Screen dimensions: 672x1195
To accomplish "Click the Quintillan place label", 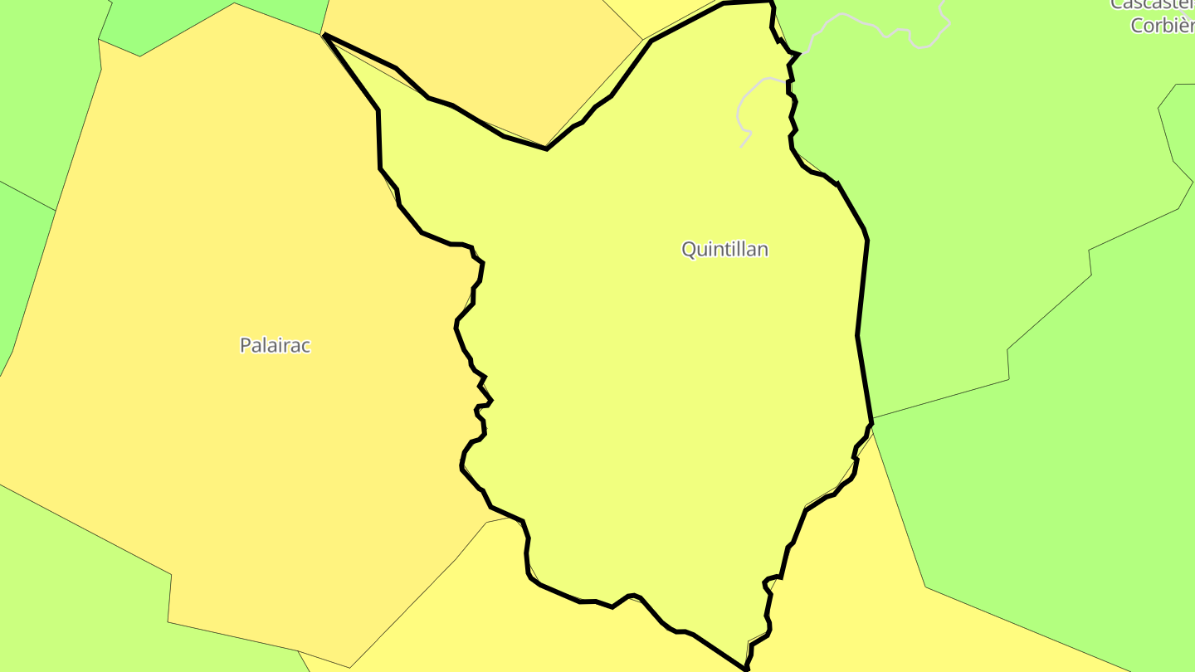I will pos(724,249).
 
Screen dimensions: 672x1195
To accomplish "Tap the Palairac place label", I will pos(275,345).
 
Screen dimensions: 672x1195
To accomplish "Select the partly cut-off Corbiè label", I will pos(1162,25).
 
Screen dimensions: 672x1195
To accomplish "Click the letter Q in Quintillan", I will pos(689,249).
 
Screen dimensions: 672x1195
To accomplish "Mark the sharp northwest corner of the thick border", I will pos(324,36).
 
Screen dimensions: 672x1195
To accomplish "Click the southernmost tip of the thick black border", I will pos(745,668).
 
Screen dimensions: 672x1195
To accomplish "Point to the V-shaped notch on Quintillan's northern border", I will pos(546,149).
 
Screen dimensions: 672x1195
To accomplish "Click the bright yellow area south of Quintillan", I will pos(830,597).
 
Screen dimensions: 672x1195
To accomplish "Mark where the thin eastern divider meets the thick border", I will pos(871,418).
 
